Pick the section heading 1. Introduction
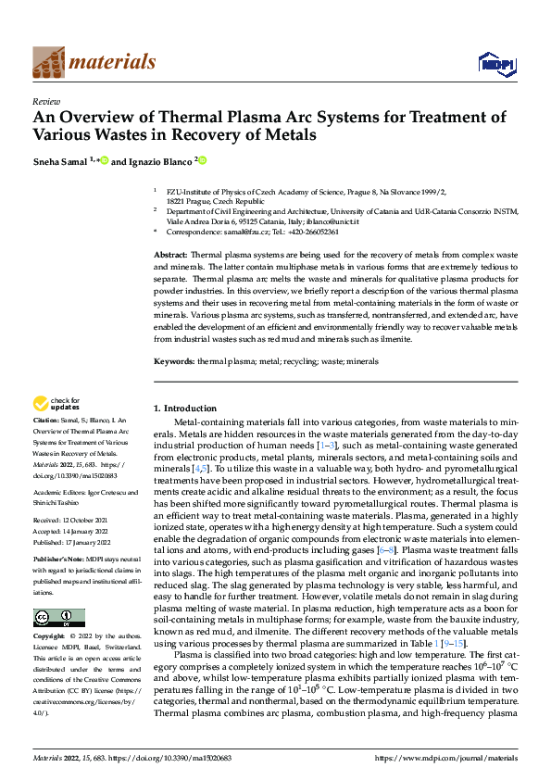point(183,409)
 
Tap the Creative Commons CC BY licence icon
point(59,618)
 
